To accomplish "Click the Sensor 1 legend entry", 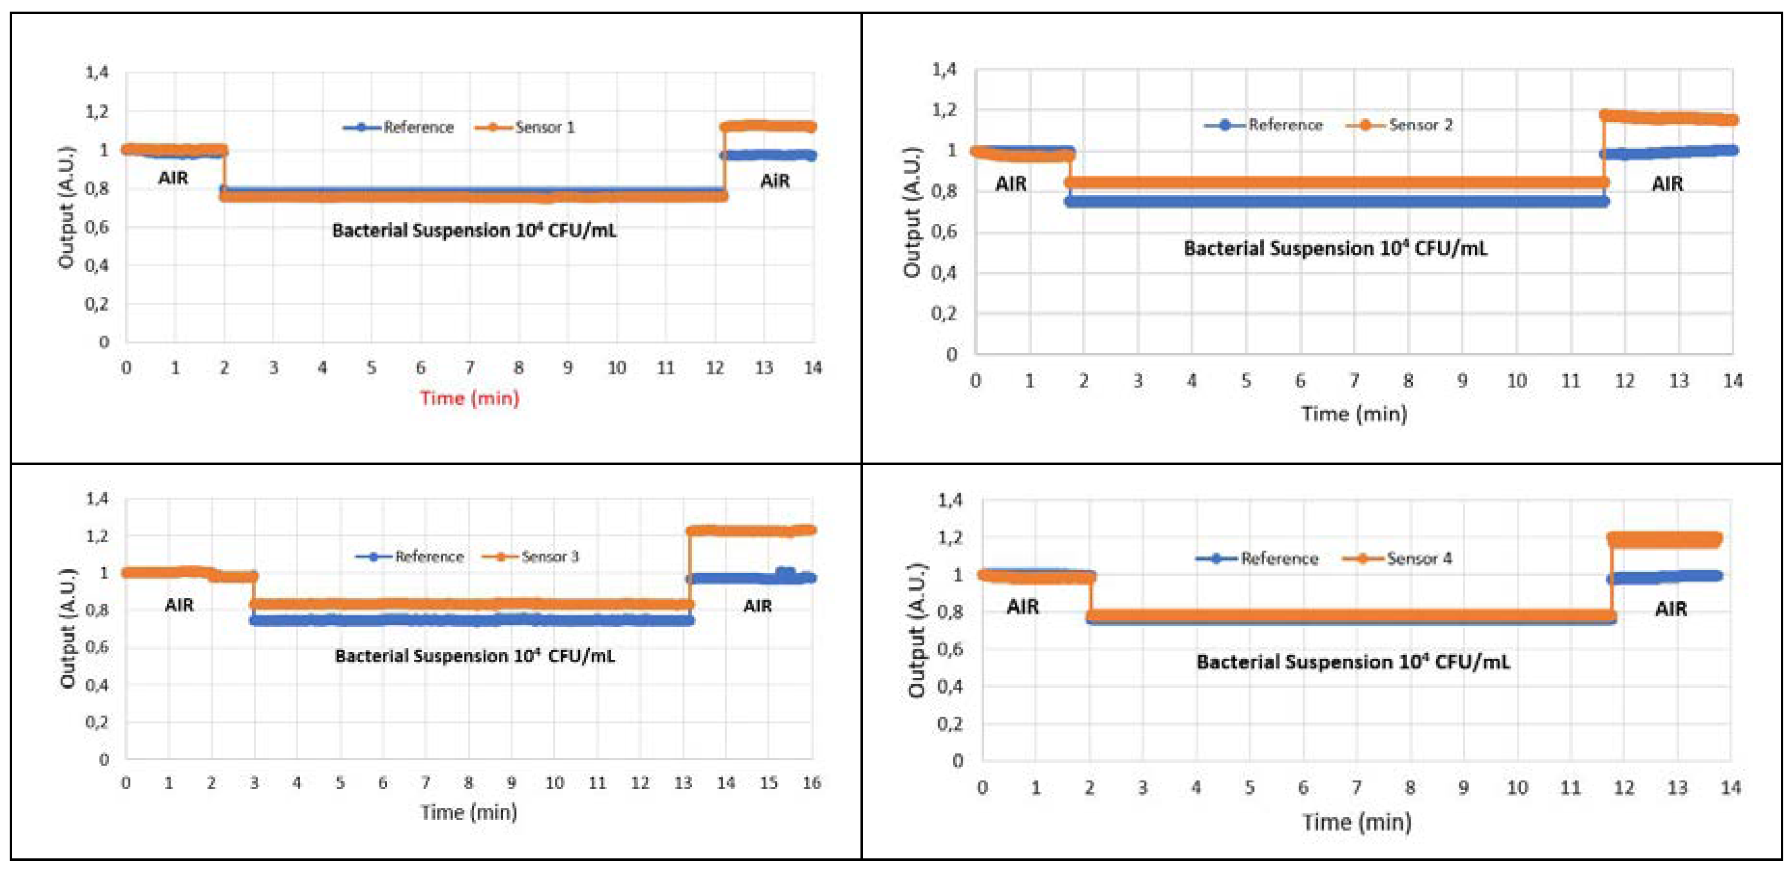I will (x=526, y=127).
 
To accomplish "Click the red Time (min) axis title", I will (x=469, y=398).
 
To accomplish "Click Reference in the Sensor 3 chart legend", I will (x=410, y=556).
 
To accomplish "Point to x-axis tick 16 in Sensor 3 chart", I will (x=811, y=783).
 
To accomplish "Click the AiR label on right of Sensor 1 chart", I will (x=774, y=182).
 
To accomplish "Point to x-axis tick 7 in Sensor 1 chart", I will (x=469, y=368).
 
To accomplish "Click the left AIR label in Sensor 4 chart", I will (x=1022, y=607).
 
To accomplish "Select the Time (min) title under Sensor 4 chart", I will (x=1356, y=823).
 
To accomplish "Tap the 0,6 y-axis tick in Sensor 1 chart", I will (x=97, y=228).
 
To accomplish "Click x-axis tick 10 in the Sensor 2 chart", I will (x=1516, y=381).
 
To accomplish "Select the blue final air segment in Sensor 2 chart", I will (x=1670, y=152).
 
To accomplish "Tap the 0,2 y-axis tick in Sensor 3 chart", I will (x=97, y=722).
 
